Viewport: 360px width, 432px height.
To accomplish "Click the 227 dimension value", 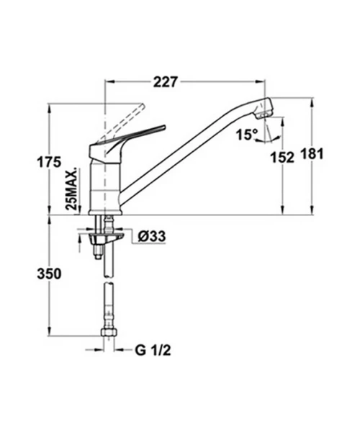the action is pos(166,82).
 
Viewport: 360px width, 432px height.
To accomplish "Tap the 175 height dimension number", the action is pos(49,162).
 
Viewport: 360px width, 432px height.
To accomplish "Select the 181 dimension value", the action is pos(311,154).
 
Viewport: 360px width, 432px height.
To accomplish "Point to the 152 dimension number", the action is pos(282,158).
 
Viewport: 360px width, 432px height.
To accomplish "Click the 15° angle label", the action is pos(247,135).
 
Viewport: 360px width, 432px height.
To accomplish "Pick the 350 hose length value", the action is pos(49,274).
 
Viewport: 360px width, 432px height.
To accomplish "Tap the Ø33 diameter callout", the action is pos(152,236).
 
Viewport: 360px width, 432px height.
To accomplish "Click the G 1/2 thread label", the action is pos(153,351).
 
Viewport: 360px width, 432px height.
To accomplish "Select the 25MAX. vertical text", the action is pos(71,189).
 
